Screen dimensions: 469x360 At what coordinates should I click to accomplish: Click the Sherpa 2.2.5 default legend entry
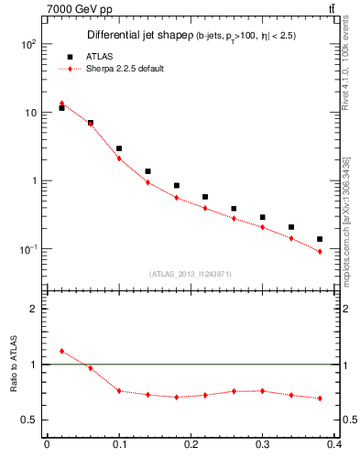[125, 69]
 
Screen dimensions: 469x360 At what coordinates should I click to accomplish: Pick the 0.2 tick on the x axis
[191, 446]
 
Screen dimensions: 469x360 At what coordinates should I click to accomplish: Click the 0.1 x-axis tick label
[119, 446]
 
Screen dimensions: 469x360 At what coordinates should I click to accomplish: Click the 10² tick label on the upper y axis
[28, 44]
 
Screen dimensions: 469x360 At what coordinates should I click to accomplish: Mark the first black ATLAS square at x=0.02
[61, 108]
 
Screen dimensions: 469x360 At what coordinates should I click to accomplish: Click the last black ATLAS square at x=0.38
[320, 239]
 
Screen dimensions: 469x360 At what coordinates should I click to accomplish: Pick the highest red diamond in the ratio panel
[61, 351]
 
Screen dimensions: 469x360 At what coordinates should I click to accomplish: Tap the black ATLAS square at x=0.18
[177, 186]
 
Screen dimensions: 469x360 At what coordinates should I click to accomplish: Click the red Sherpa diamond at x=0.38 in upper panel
[320, 251]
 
